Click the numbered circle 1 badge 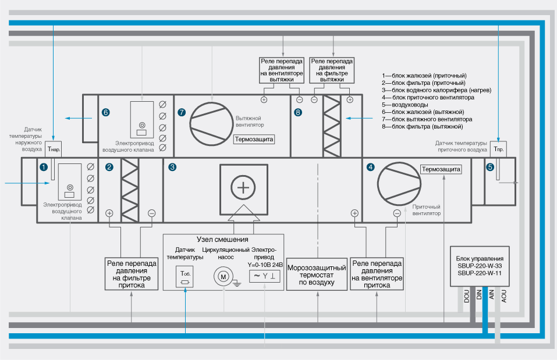[x=43, y=167]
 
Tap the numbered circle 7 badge [x=182, y=112]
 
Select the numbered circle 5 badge [x=490, y=167]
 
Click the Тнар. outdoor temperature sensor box [x=54, y=149]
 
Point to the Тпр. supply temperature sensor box [x=499, y=149]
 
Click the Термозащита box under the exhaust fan [x=254, y=139]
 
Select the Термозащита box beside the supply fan [x=441, y=170]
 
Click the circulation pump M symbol [x=222, y=277]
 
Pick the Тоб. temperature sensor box [x=186, y=277]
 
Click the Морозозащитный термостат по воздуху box [x=318, y=275]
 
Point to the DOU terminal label [x=466, y=296]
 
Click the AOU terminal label [x=504, y=296]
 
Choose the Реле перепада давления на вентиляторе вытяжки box [x=281, y=68]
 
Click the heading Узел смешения [x=223, y=240]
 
